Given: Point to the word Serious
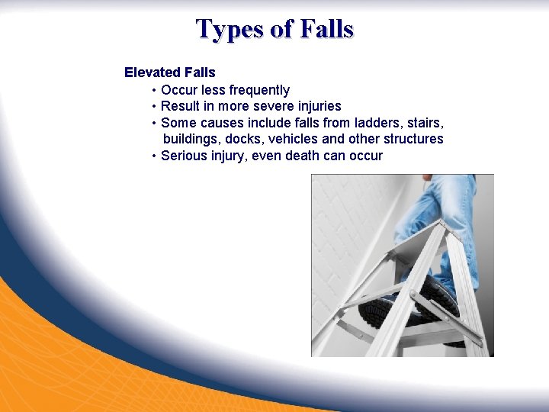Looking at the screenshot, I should (183, 156).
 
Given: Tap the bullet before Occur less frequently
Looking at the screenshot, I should (154, 90).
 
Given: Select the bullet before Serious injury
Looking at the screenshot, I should (154, 156).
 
